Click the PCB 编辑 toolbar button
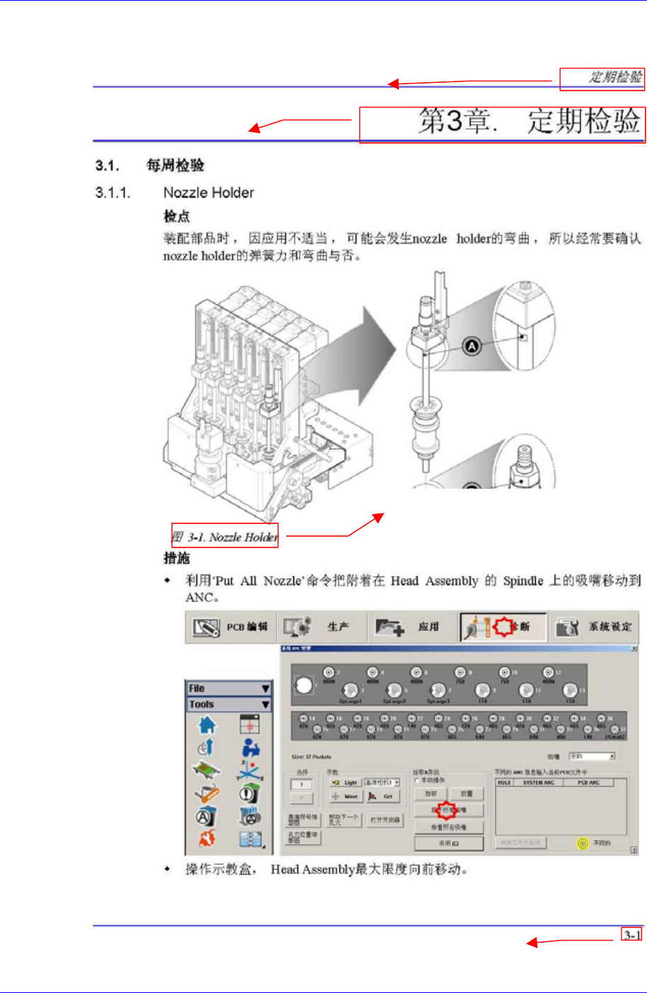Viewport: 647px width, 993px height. pos(231,627)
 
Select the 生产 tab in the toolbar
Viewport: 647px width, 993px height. pos(322,627)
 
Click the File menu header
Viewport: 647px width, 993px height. pos(229,688)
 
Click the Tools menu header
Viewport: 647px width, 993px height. pos(229,705)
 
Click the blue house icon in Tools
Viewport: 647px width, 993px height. pos(207,725)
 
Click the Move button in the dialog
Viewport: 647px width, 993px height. pos(345,797)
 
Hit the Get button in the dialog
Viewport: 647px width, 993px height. pos(382,797)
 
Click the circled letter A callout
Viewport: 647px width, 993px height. pos(472,346)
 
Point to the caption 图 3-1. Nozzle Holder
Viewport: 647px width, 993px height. pos(225,537)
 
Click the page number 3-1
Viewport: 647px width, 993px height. pos(631,935)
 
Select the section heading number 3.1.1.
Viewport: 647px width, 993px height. pos(113,193)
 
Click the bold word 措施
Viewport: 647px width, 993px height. pos(176,558)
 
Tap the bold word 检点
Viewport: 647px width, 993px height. pos(176,216)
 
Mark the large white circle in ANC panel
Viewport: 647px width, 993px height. pos(303,685)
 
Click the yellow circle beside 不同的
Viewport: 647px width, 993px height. pos(583,844)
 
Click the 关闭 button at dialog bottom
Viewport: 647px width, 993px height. pos(449,844)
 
